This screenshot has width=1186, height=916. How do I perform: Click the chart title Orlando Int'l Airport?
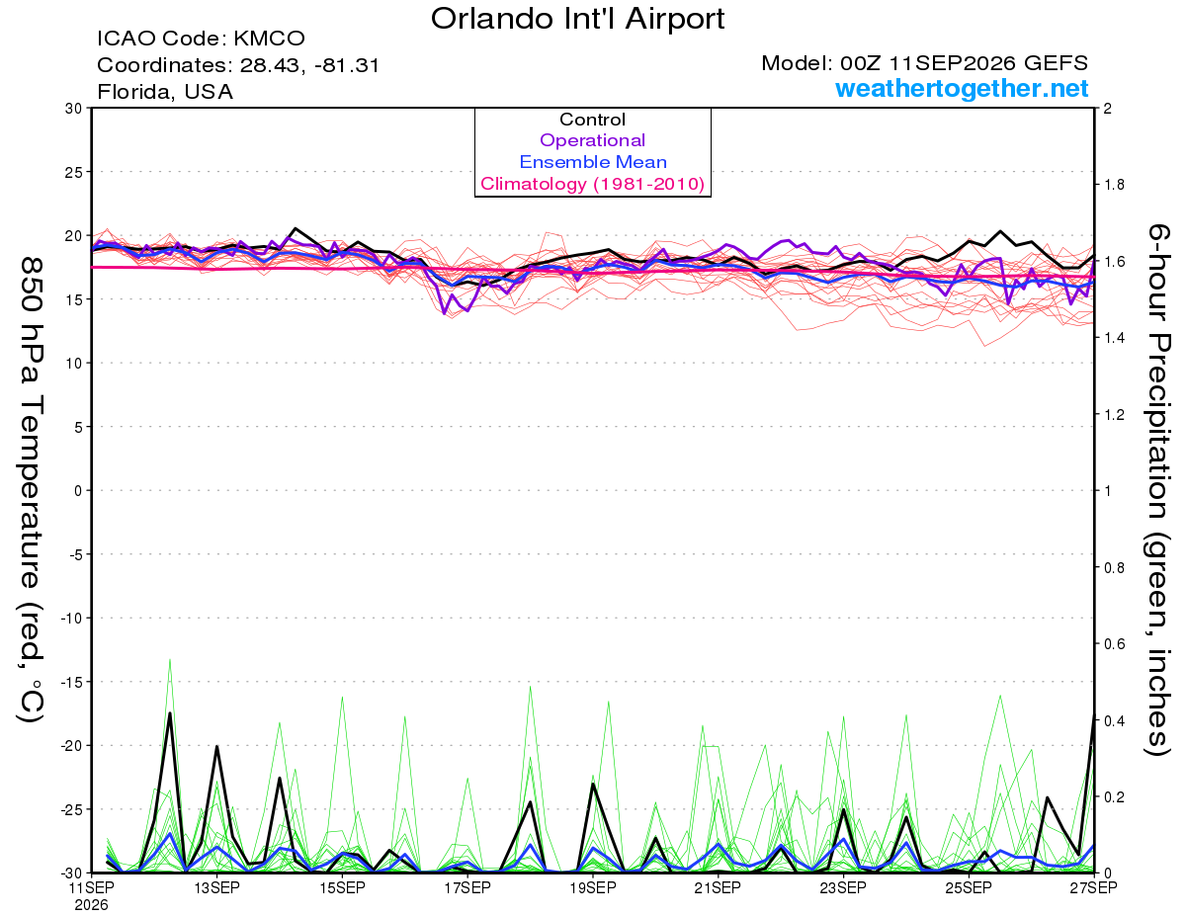click(x=577, y=19)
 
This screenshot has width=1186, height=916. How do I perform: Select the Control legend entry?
click(x=592, y=120)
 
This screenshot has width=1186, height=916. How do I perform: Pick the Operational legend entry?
click(x=592, y=140)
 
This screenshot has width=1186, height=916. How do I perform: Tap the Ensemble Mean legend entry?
click(x=593, y=162)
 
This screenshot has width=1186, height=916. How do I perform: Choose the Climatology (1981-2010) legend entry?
click(x=593, y=184)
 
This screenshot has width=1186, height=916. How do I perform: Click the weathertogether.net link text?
click(x=962, y=88)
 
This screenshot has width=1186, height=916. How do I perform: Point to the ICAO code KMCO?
click(x=269, y=39)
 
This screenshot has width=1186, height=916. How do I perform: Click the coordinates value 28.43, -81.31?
click(x=309, y=65)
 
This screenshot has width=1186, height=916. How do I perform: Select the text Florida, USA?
click(x=165, y=92)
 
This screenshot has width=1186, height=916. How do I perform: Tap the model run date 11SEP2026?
click(x=952, y=63)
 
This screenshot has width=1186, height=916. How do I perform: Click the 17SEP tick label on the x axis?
click(x=467, y=887)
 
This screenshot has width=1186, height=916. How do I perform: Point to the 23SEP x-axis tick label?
click(x=843, y=887)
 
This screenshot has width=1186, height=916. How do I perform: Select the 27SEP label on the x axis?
click(x=1093, y=887)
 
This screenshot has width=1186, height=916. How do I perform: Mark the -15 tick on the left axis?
click(x=71, y=682)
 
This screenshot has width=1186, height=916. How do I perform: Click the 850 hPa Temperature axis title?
click(x=32, y=490)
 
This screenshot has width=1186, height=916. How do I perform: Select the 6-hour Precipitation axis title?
click(x=1156, y=490)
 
